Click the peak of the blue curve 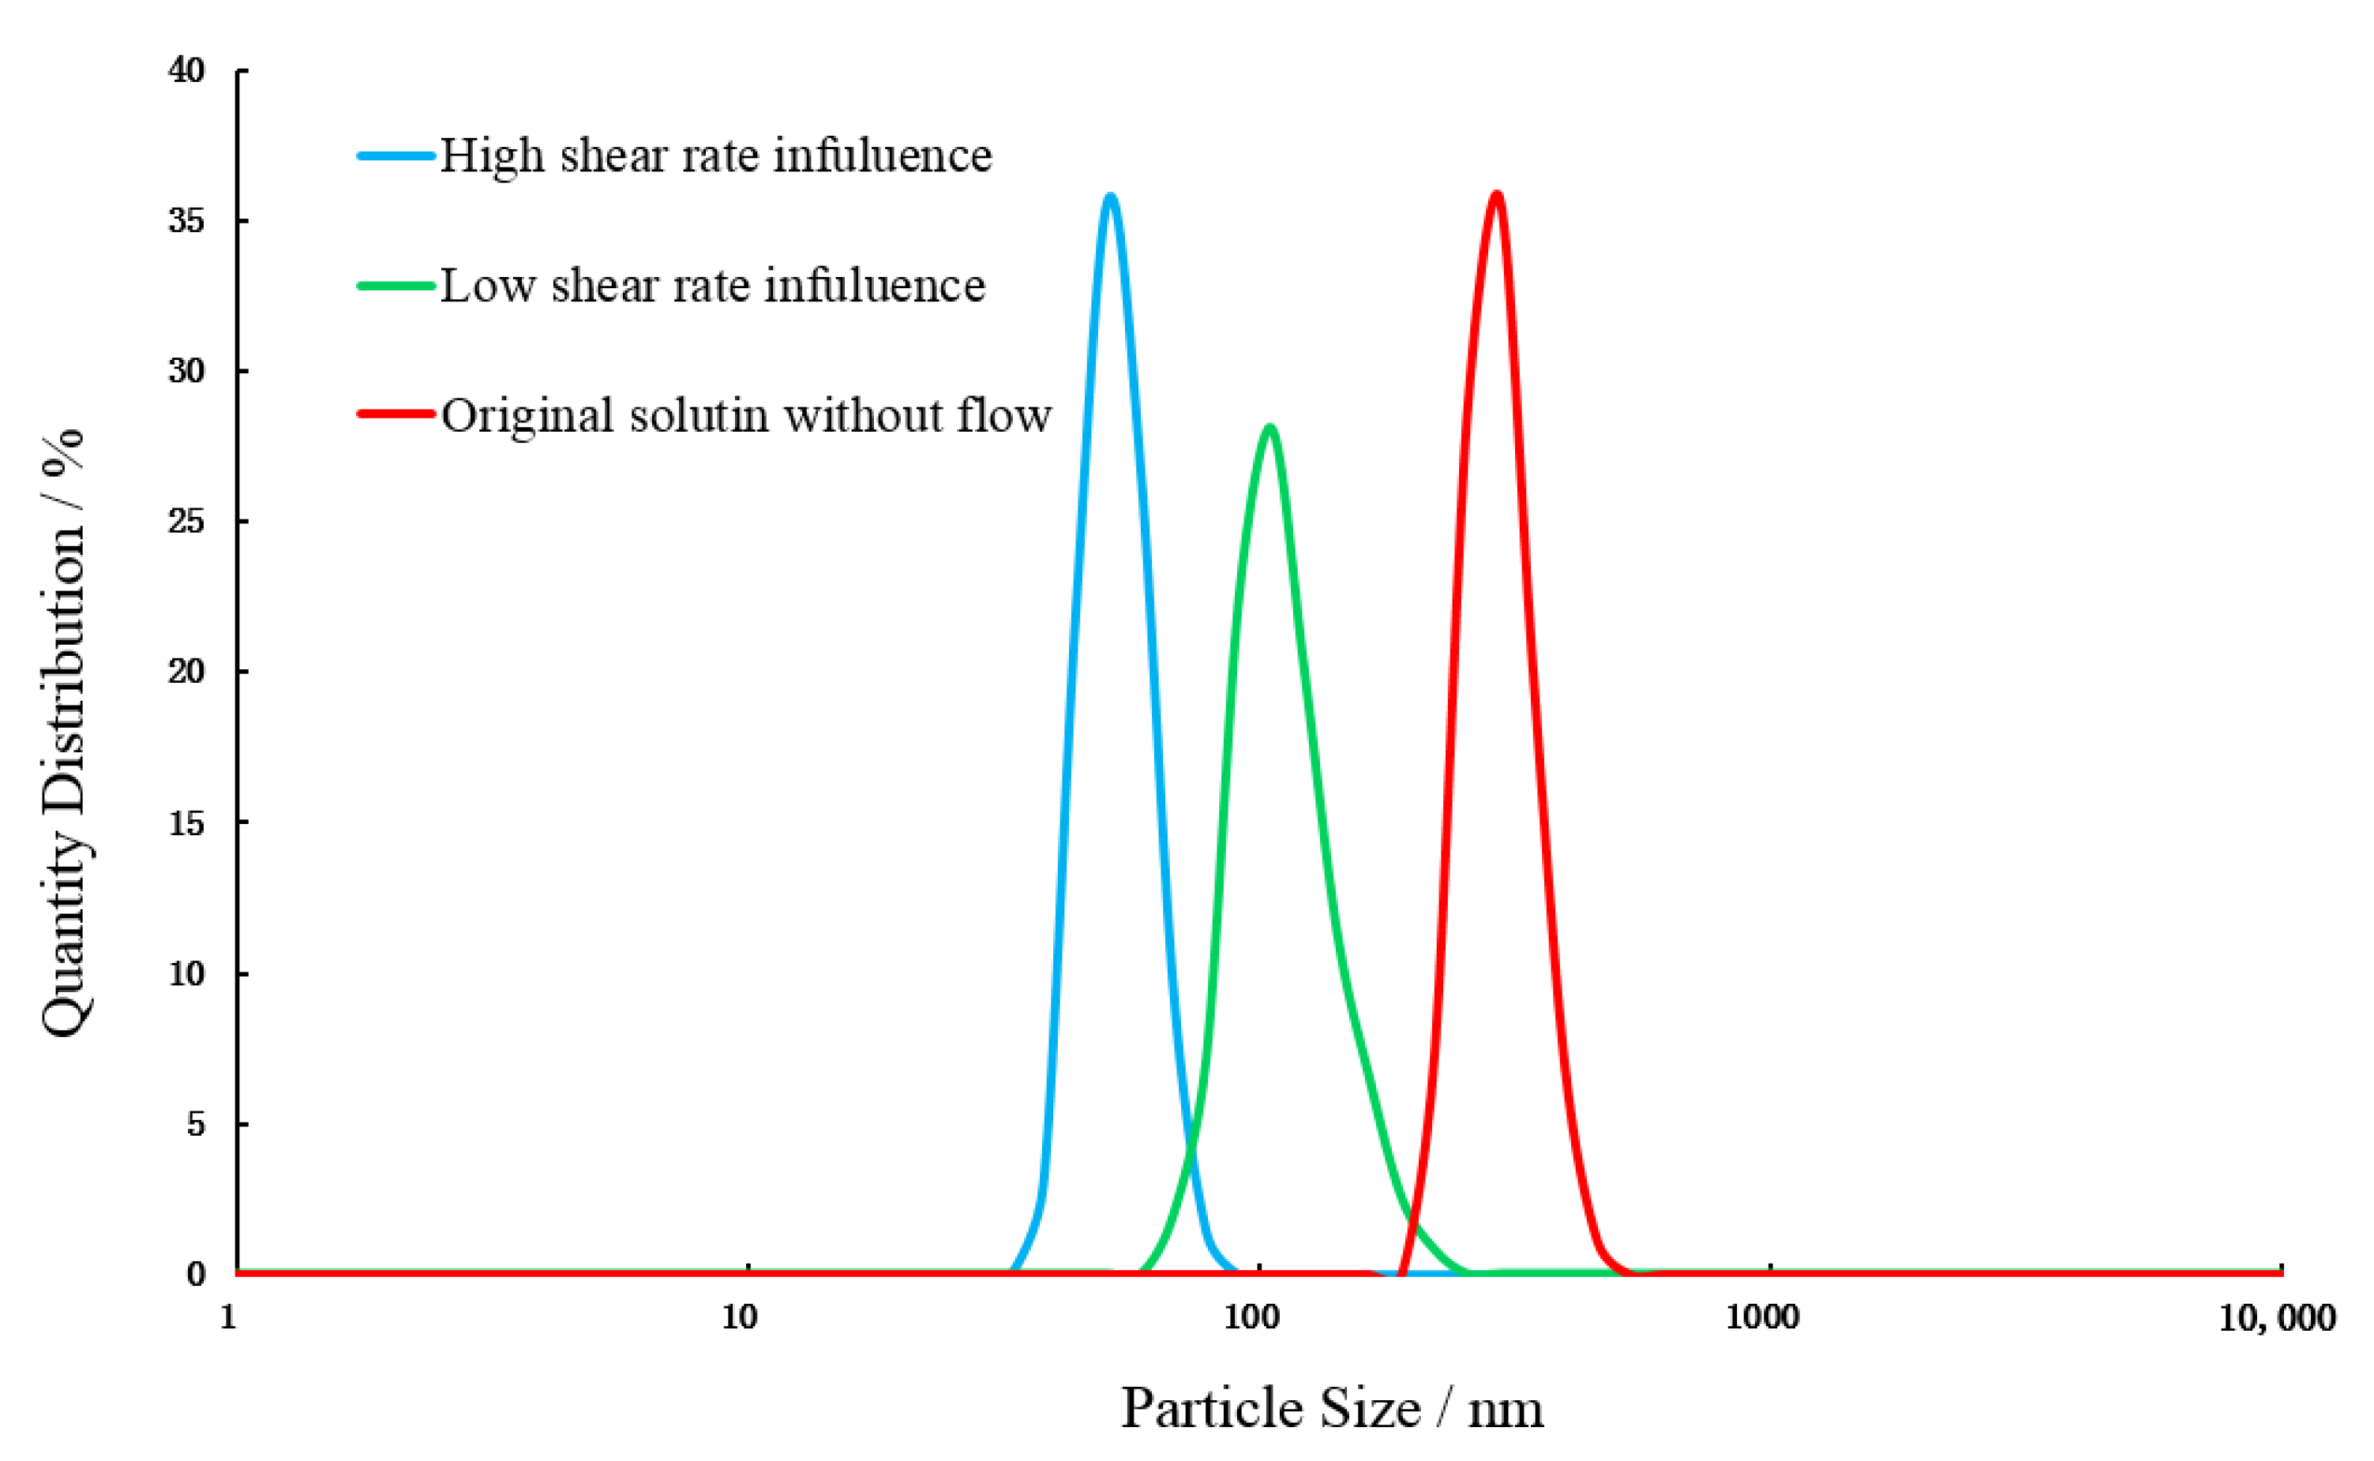(x=1110, y=197)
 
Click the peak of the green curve (x=1269, y=427)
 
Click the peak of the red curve (x=1497, y=195)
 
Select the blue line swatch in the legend (x=396, y=155)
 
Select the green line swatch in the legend (x=396, y=286)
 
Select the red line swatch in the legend (x=396, y=414)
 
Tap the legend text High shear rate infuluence (x=716, y=155)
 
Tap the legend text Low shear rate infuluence (x=713, y=286)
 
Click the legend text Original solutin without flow (x=746, y=415)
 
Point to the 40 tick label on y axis (x=186, y=69)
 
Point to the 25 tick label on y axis (x=186, y=522)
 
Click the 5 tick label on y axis (x=196, y=1124)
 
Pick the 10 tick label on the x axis (x=739, y=1318)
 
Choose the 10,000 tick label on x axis (x=2276, y=1318)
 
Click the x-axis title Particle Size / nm (x=1331, y=1409)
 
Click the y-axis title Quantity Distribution (x=63, y=733)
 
